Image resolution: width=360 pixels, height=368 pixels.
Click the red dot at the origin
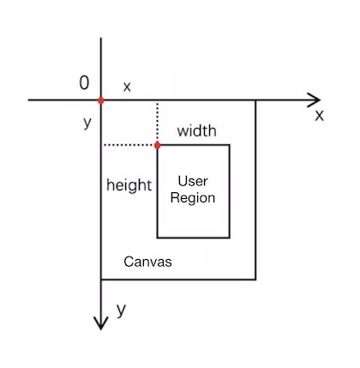[101, 100]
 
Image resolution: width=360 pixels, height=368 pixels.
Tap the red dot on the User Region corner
[157, 145]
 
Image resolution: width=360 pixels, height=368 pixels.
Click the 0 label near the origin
[84, 83]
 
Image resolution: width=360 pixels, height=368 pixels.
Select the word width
[196, 130]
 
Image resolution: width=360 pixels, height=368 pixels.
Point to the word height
[129, 185]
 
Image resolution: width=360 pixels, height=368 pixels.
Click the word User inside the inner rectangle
[193, 181]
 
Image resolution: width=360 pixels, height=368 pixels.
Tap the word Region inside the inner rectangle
[193, 198]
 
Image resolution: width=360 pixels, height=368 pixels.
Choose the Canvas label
[147, 262]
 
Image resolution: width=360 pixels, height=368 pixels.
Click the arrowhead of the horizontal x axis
[315, 100]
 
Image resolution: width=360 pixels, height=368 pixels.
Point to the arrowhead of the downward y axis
[101, 323]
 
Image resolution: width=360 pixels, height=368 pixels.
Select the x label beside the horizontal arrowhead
[320, 116]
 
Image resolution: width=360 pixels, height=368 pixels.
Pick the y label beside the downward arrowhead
[121, 311]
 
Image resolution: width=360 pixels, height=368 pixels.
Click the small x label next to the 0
[127, 87]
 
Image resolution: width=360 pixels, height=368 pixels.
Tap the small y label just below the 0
[87, 123]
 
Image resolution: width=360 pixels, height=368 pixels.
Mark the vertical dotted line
[157, 123]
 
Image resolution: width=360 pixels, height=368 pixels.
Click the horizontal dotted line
[129, 145]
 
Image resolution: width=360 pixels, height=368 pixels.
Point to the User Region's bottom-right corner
[230, 238]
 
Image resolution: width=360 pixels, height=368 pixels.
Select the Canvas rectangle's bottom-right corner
[255, 280]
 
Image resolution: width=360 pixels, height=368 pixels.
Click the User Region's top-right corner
[230, 145]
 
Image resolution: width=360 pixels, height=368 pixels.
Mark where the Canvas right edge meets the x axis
[255, 100]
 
